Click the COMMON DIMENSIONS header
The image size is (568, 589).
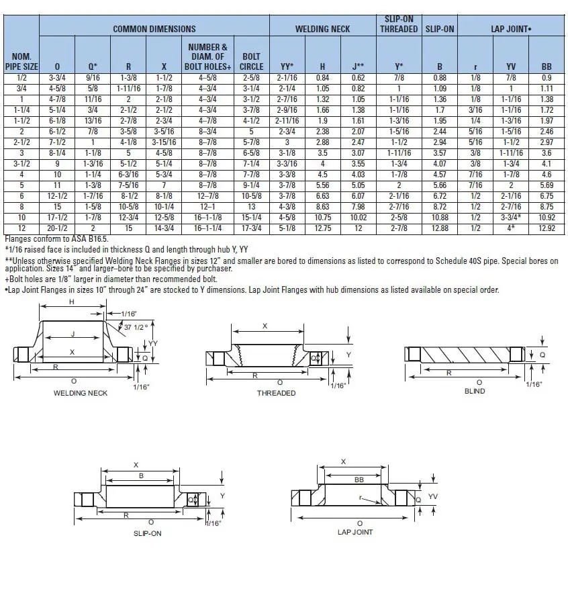(154, 29)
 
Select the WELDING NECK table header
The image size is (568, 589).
(322, 29)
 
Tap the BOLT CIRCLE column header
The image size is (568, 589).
(251, 62)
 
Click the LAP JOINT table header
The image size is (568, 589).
(512, 29)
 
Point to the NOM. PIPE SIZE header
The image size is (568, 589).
(21, 62)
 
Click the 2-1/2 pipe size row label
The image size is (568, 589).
(21, 142)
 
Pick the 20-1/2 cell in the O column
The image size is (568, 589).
(57, 229)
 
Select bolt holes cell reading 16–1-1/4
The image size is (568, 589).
(209, 229)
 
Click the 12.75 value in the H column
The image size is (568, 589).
(322, 229)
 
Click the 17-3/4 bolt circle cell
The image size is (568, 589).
(251, 229)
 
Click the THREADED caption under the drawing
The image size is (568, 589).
(276, 393)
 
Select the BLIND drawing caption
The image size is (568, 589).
(474, 392)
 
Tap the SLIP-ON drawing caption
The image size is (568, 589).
(148, 533)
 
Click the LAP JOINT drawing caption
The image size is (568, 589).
(355, 532)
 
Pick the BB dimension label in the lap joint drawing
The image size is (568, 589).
(359, 480)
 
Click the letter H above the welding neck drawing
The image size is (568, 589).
(72, 303)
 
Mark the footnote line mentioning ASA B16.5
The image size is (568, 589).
(56, 238)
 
